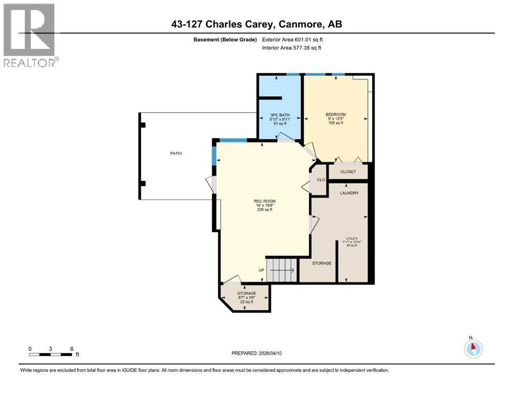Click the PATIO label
[x=177, y=153]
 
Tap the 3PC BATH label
[x=279, y=114]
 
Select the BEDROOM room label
[x=335, y=114]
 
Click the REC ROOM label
[x=264, y=201]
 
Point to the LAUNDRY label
[x=349, y=193]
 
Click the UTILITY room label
[x=352, y=239]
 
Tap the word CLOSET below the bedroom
[x=348, y=172]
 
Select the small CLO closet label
[x=320, y=180]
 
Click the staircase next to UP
[x=282, y=270]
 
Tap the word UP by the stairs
[x=262, y=270]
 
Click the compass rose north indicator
[x=473, y=348]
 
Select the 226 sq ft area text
[x=264, y=210]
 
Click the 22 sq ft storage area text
[x=246, y=302]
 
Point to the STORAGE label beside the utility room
[x=321, y=263]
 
